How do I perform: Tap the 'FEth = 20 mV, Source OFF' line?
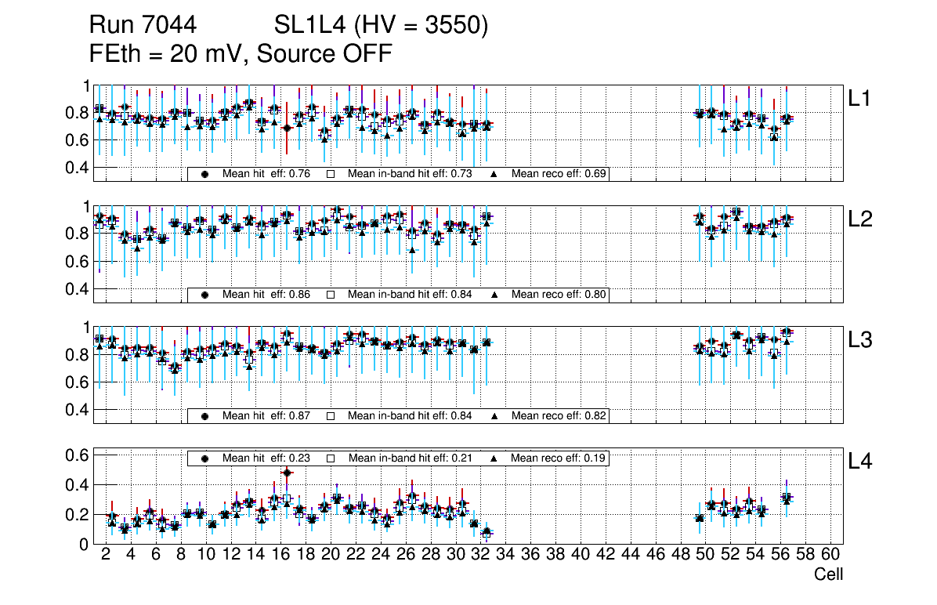coord(241,53)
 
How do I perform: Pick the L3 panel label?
coord(859,340)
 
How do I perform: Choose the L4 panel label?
coord(859,462)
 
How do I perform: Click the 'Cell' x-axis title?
coord(828,574)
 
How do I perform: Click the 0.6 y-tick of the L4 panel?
coord(77,455)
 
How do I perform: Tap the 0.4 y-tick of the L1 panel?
coord(77,167)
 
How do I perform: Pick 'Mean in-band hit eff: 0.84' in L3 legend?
coord(410,415)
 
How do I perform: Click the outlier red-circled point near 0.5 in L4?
coord(287,473)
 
